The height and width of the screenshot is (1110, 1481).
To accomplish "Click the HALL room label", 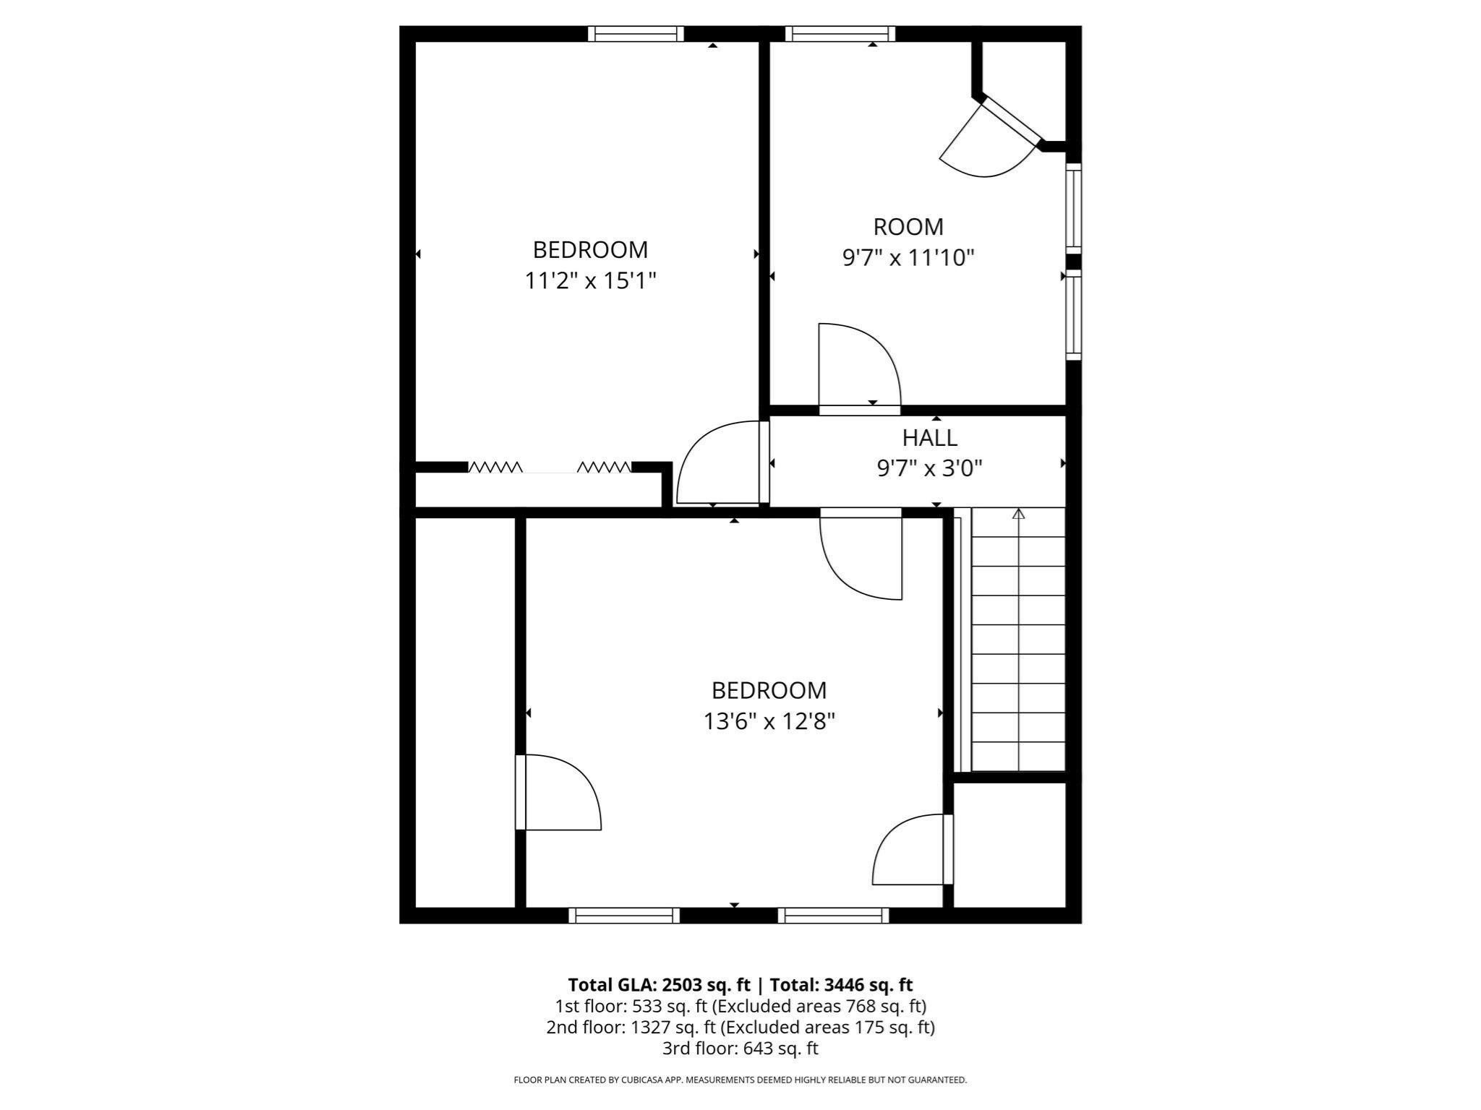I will click(929, 438).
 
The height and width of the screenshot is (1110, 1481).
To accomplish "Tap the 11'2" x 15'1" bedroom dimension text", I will click(590, 280).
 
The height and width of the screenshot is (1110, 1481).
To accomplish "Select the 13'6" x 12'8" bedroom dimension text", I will click(769, 721).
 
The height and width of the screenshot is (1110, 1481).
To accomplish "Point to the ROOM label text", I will click(908, 227).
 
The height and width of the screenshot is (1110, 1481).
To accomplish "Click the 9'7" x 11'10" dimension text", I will click(908, 258).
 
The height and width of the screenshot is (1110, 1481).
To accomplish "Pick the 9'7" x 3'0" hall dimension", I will click(929, 469).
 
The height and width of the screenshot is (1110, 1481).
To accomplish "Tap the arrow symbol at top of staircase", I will click(1018, 514).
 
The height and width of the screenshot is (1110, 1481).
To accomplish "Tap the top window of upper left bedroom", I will click(636, 33).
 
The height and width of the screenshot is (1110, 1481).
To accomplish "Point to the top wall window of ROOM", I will click(840, 33).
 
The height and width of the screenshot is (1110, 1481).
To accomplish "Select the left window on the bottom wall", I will click(624, 916).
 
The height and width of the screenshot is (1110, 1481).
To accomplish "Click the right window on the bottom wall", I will click(833, 916).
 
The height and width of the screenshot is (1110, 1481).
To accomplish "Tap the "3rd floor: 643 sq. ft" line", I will click(740, 1048).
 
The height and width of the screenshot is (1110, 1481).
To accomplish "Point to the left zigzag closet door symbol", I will click(495, 468).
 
